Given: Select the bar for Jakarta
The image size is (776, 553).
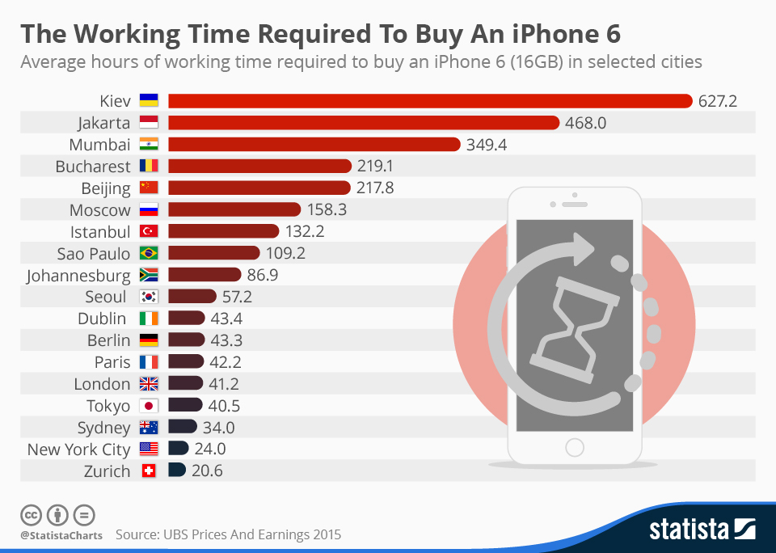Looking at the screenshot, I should [x=364, y=123].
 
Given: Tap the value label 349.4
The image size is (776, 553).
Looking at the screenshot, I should [x=487, y=145].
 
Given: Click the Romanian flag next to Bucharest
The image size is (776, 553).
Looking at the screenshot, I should [x=149, y=167].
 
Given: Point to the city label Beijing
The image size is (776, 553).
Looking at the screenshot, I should [x=105, y=188].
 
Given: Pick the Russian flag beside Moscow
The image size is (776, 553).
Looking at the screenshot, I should [x=149, y=210].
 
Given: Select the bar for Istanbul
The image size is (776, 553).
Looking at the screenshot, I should [x=223, y=232].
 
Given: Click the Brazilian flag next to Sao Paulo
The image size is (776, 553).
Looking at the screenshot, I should [x=149, y=254].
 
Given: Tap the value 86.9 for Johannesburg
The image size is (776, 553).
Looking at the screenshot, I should [x=262, y=276].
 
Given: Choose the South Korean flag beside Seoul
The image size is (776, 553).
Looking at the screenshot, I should [x=149, y=298].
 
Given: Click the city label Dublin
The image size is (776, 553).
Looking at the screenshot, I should [x=102, y=319].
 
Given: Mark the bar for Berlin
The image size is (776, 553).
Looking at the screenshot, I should [x=186, y=340].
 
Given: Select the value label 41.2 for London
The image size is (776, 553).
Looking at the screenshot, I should [x=223, y=384].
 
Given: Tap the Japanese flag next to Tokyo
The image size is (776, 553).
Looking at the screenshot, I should [x=149, y=406].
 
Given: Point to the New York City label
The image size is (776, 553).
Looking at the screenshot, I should [x=78, y=450].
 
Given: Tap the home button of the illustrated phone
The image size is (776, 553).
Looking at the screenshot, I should [x=574, y=447].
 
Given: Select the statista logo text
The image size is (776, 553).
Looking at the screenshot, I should [x=689, y=530].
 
